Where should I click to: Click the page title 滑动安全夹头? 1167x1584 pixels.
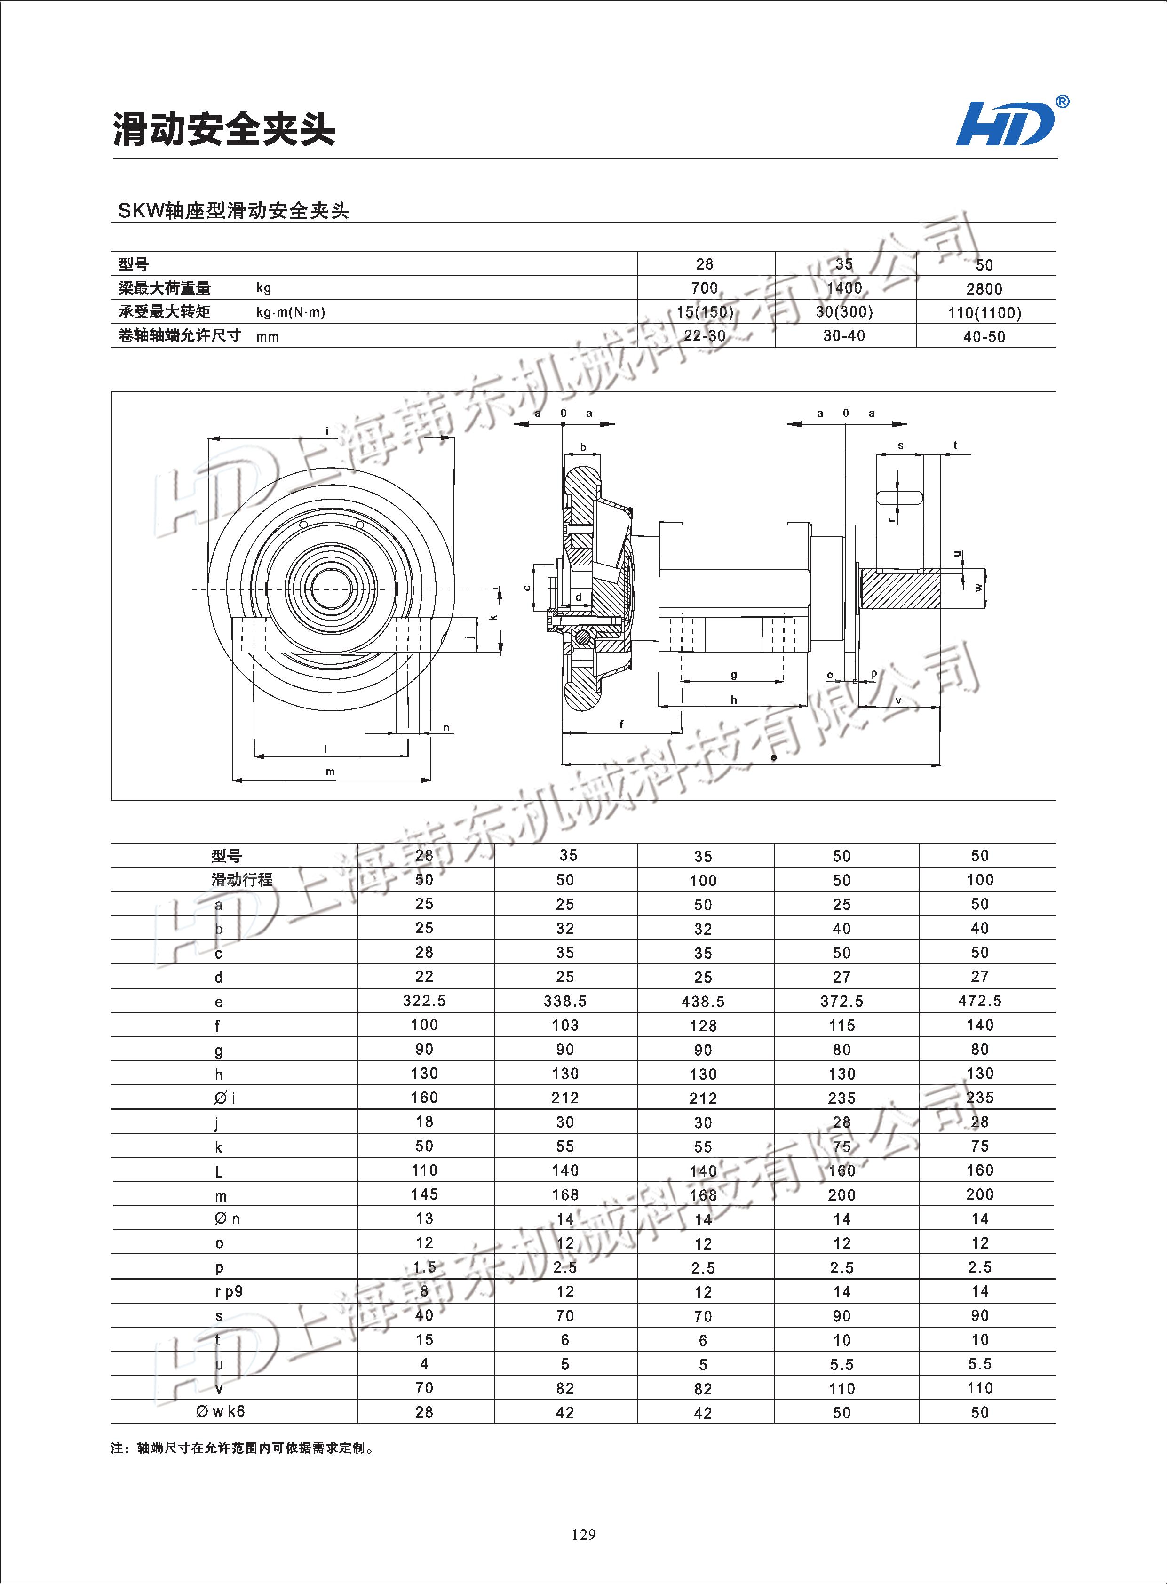pos(224,129)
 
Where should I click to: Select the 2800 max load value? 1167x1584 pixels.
pos(984,288)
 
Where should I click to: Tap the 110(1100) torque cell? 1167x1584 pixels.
pos(984,312)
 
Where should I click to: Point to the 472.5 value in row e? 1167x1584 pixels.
pos(980,1001)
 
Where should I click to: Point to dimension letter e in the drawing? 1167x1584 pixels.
pos(773,756)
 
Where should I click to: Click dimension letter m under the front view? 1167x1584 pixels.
pos(330,772)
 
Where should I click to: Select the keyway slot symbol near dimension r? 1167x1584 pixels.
pos(898,497)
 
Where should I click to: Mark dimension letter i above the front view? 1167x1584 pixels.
pos(327,430)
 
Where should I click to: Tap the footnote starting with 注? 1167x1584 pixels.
pos(242,1449)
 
